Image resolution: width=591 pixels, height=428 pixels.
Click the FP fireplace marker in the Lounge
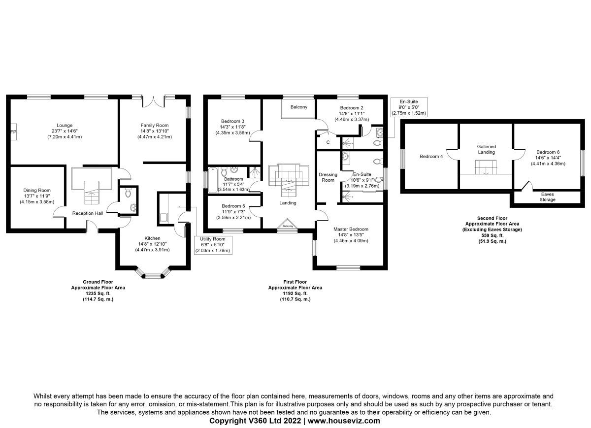click(13, 132)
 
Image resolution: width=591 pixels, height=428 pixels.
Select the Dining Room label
click(37, 190)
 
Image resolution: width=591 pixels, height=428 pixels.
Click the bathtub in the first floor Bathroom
click(212, 180)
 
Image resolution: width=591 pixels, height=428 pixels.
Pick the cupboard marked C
click(328, 142)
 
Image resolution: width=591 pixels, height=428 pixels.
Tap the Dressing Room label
click(328, 177)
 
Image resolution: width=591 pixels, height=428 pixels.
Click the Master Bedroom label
click(351, 229)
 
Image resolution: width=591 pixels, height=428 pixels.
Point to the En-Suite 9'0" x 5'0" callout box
click(408, 107)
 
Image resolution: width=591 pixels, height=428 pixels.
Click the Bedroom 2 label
click(352, 108)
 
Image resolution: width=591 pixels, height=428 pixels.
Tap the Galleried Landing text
click(486, 149)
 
